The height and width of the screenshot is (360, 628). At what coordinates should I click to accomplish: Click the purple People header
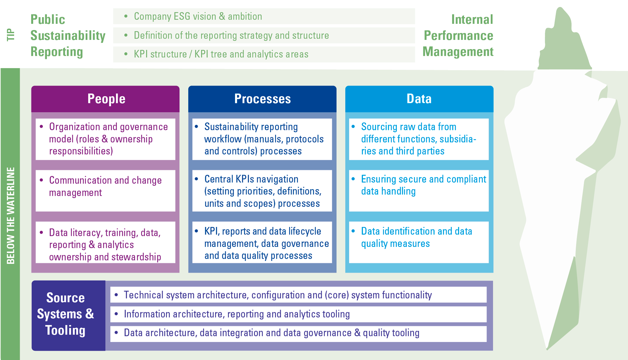point(105,99)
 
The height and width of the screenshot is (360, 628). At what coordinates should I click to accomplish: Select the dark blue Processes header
point(262,99)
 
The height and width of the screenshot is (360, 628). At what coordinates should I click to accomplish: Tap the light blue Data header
point(419,99)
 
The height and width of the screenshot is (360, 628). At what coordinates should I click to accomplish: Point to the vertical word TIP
point(11,35)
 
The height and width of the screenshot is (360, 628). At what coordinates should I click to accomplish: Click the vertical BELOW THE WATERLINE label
point(11,215)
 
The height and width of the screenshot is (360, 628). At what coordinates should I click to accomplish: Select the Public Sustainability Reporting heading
point(68,35)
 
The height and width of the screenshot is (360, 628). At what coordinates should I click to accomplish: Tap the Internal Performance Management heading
point(458,35)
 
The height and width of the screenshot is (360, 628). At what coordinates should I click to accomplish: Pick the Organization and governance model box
point(105,139)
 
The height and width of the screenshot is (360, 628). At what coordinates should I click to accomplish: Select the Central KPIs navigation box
point(262,191)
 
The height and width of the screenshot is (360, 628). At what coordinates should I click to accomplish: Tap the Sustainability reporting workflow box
point(262,139)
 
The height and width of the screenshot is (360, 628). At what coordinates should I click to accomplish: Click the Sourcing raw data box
point(419,139)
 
